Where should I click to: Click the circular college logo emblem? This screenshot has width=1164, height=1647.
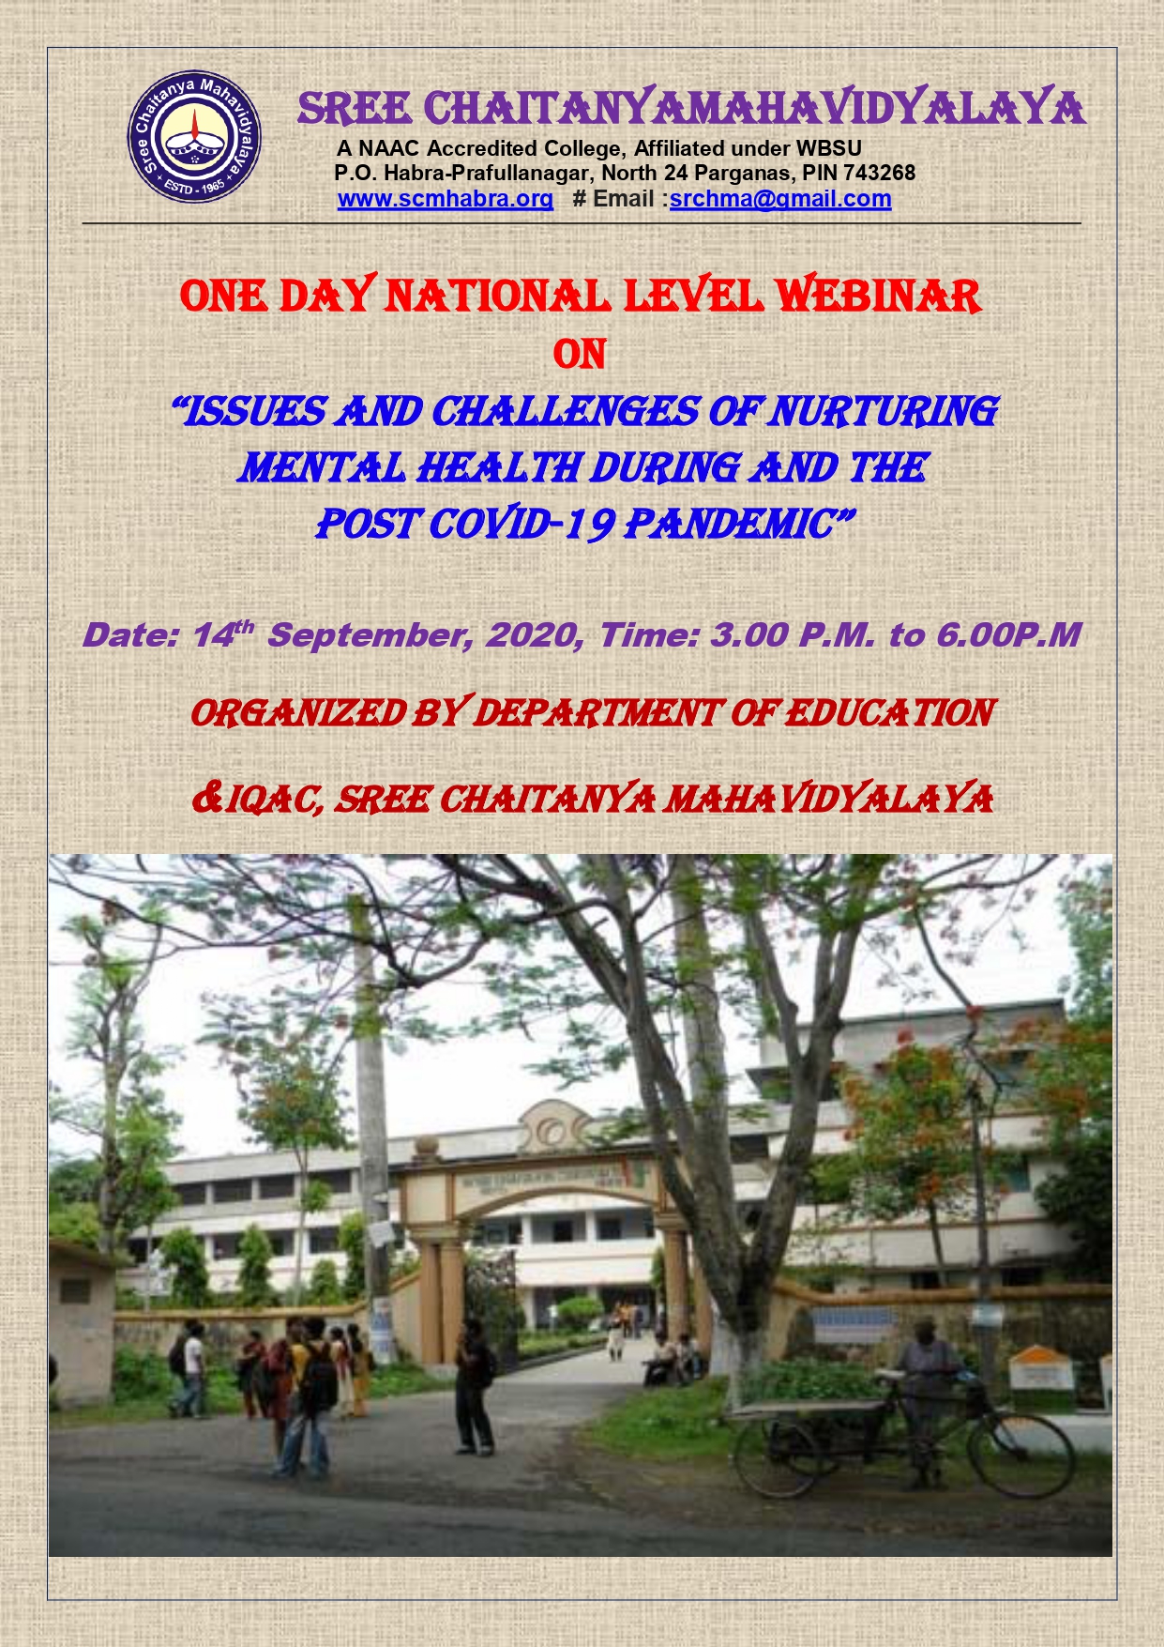(x=194, y=135)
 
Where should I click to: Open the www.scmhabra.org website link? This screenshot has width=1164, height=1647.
(x=445, y=199)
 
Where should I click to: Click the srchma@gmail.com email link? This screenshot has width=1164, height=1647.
(x=780, y=199)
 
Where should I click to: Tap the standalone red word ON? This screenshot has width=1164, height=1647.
(x=580, y=355)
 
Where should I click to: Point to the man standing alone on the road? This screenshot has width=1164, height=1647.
(x=474, y=1387)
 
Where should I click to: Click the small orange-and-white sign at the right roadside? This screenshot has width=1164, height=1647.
(x=1042, y=1377)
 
